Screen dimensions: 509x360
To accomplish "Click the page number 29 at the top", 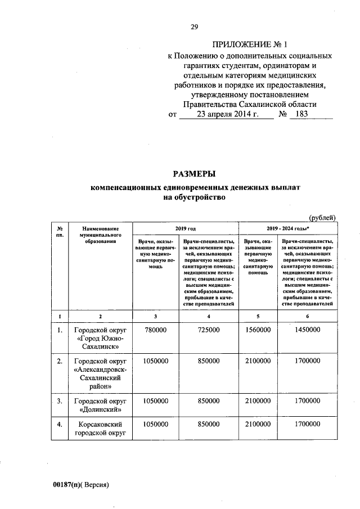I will [x=194, y=26].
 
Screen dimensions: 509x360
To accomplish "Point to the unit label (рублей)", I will [x=323, y=218].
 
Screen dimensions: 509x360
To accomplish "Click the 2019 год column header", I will [x=185, y=229].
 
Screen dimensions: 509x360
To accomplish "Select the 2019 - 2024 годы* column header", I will [x=287, y=229].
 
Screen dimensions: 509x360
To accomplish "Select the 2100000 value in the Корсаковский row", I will [x=258, y=424].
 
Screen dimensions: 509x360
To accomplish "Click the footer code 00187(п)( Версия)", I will [x=81, y=484].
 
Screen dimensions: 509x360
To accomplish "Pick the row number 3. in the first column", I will [x=59, y=400].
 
